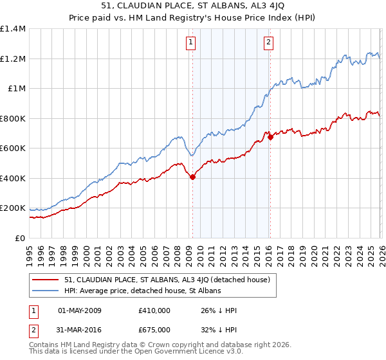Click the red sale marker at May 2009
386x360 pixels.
[x=192, y=177]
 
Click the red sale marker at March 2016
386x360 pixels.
[x=270, y=136]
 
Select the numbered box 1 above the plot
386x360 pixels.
[x=192, y=43]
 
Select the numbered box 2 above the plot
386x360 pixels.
[x=268, y=43]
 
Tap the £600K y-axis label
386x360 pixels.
[x=13, y=148]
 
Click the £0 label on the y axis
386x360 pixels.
[x=21, y=238]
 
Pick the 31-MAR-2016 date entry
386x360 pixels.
[x=80, y=330]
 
